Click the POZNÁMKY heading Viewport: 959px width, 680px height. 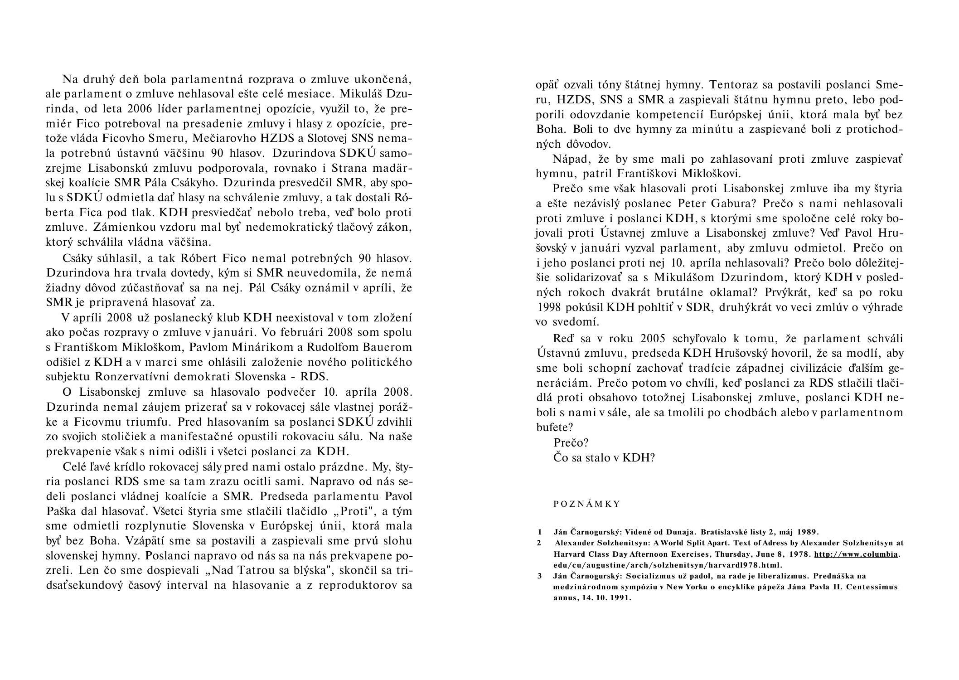586,504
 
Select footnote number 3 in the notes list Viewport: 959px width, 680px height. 540,576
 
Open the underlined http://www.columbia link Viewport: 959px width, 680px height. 856,554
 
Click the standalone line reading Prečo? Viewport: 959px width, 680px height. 571,442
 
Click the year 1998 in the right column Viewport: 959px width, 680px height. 549,307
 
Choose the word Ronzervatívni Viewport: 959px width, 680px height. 140,377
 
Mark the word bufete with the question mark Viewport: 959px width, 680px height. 555,427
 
